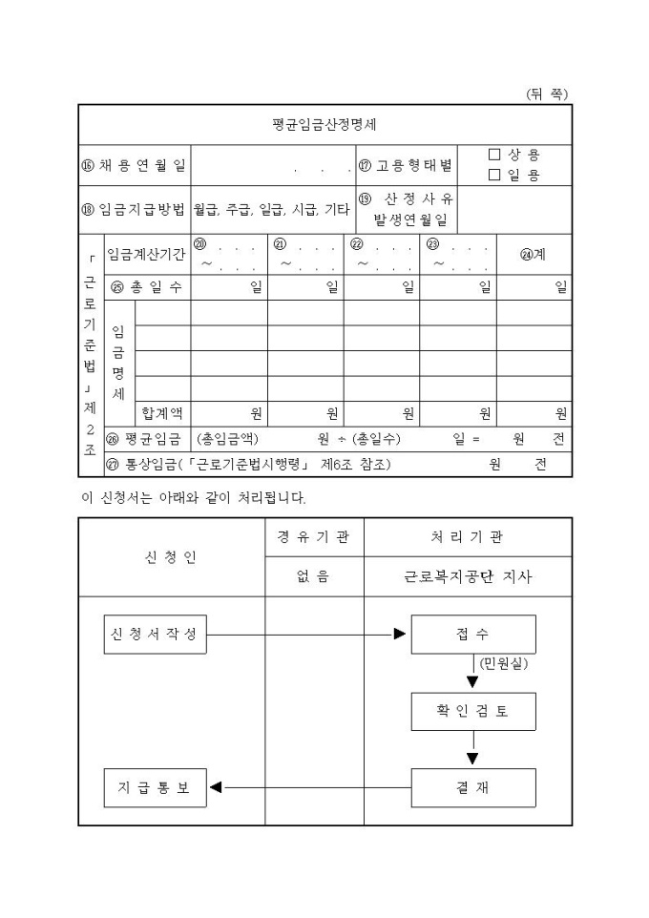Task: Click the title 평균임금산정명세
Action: (325, 124)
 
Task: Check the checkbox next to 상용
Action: (494, 155)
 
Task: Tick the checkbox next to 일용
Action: (494, 175)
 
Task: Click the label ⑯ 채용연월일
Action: (135, 165)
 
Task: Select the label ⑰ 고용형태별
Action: (406, 165)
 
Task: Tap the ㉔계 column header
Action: (533, 255)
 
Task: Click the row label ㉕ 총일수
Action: (147, 287)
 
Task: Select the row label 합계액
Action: (162, 413)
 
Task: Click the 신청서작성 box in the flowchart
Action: (155, 635)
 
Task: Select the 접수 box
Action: (472, 635)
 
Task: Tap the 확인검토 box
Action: (472, 712)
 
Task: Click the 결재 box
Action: (472, 787)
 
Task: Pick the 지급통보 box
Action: (155, 787)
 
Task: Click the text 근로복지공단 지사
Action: (468, 576)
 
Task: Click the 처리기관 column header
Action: (468, 537)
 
